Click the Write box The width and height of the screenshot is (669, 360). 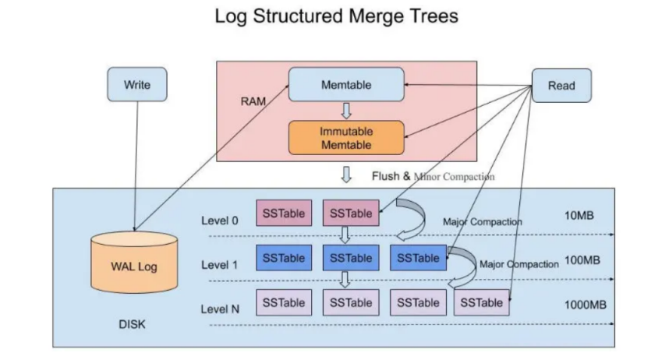click(136, 85)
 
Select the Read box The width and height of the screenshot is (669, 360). click(561, 86)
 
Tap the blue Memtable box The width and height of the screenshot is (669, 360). click(346, 84)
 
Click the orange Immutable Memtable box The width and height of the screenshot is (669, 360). click(346, 137)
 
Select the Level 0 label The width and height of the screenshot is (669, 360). click(220, 221)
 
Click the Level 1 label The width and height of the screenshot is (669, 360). click(220, 264)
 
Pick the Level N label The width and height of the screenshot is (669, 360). click(220, 309)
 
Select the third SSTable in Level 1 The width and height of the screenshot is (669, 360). click(417, 258)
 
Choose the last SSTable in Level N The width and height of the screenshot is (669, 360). click(482, 302)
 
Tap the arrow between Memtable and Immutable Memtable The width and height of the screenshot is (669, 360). click(347, 111)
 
